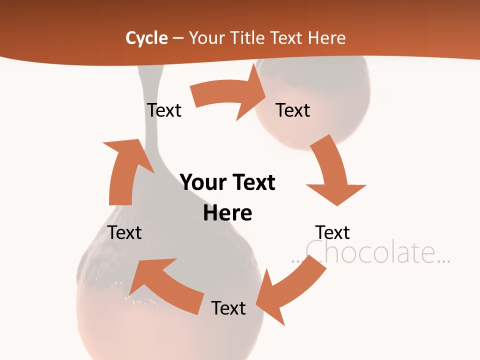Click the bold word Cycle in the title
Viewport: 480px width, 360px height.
click(x=146, y=38)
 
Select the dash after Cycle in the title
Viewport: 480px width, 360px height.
click(x=178, y=38)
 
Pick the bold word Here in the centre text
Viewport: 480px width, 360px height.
click(x=227, y=213)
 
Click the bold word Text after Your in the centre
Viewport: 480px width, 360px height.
click(x=254, y=182)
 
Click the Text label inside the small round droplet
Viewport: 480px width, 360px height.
click(x=293, y=110)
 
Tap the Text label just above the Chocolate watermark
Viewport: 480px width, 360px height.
click(x=332, y=232)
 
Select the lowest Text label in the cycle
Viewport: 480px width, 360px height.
click(x=228, y=308)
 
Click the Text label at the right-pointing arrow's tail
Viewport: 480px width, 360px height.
click(x=164, y=110)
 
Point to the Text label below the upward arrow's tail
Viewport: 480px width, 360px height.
click(x=125, y=232)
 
